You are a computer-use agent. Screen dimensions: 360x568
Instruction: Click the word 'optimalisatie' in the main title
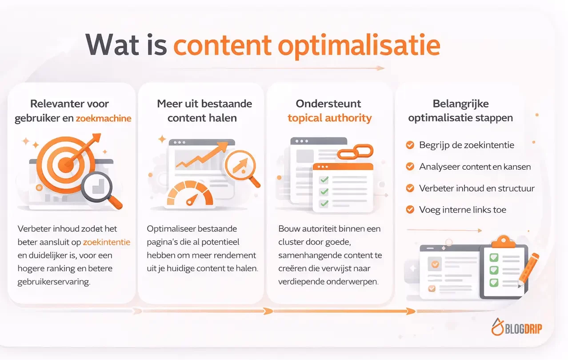click(359, 44)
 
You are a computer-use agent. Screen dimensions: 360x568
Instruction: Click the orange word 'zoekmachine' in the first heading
click(104, 119)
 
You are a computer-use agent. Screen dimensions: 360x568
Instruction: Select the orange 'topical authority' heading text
click(329, 118)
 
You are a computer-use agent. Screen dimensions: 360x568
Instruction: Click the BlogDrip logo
click(516, 328)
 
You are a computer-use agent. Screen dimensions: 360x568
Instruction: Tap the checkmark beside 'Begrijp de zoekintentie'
click(410, 145)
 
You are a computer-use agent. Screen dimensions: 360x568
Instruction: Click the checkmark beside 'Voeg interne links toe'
click(410, 209)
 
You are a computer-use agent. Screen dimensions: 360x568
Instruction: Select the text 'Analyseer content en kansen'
click(475, 167)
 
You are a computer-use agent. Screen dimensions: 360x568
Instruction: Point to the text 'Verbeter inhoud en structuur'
click(476, 188)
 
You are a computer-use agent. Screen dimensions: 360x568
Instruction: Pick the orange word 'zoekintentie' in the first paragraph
click(107, 242)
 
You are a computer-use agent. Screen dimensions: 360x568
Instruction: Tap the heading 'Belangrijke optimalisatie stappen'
click(460, 111)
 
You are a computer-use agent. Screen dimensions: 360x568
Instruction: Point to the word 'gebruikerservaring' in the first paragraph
click(54, 282)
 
